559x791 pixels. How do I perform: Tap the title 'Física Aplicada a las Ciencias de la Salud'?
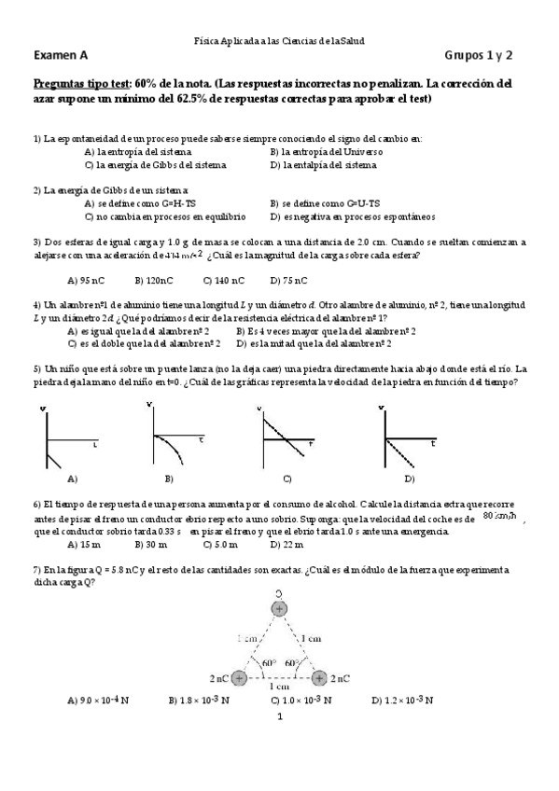[279, 42]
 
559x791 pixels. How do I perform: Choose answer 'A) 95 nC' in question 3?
[85, 280]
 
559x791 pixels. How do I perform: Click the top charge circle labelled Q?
[279, 609]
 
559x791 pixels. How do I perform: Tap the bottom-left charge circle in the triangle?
[239, 678]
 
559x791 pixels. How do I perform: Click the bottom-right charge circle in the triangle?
[319, 678]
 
